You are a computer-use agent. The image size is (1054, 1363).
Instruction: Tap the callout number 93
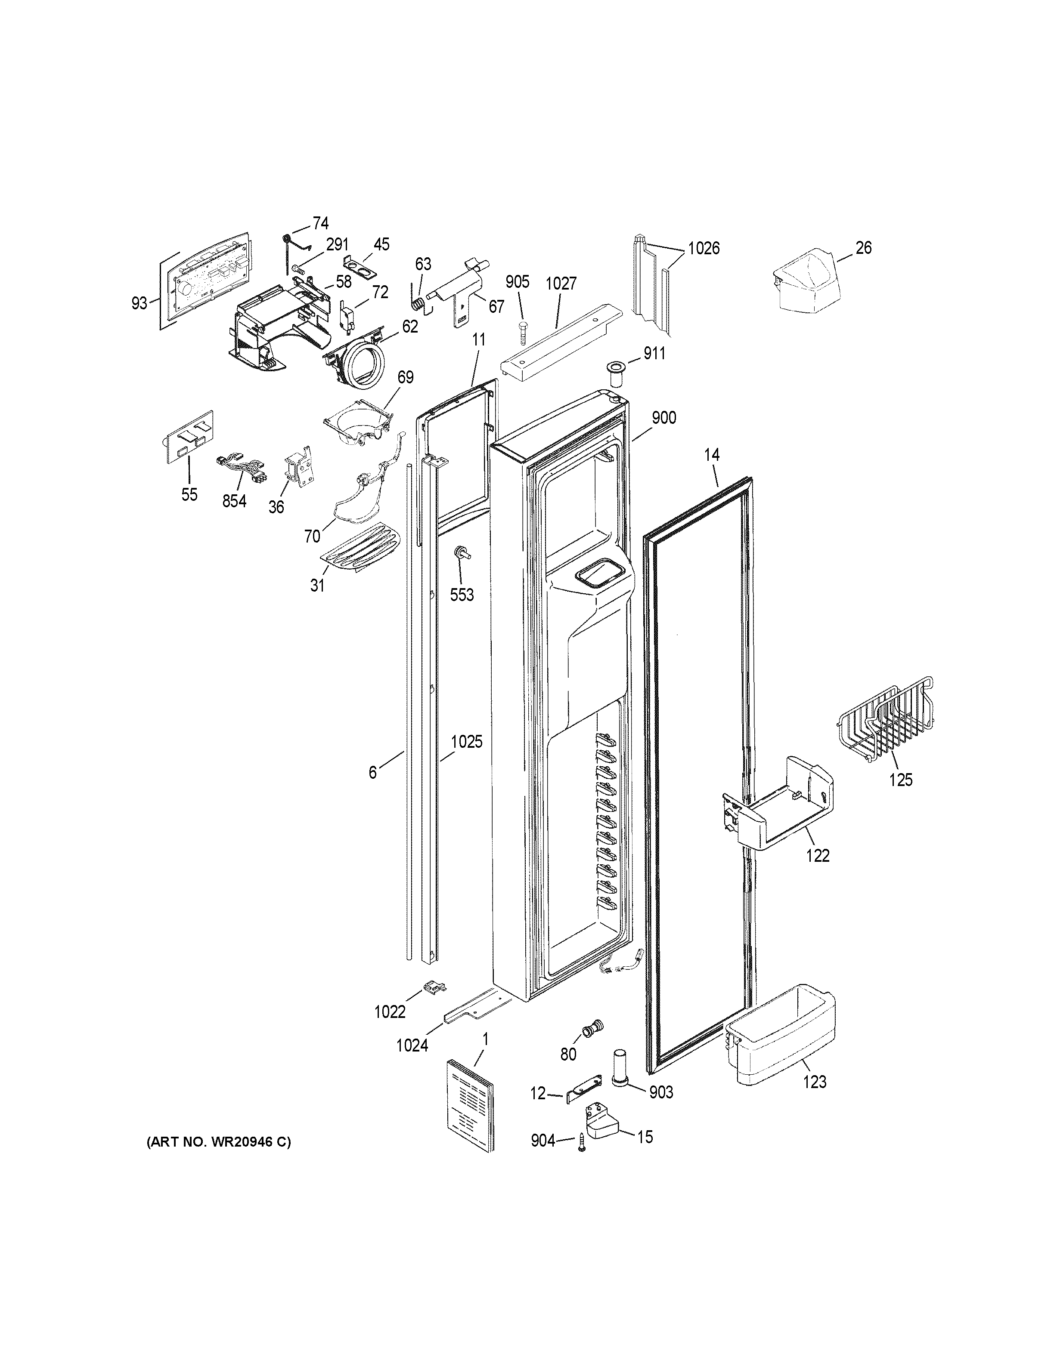coord(139,303)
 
